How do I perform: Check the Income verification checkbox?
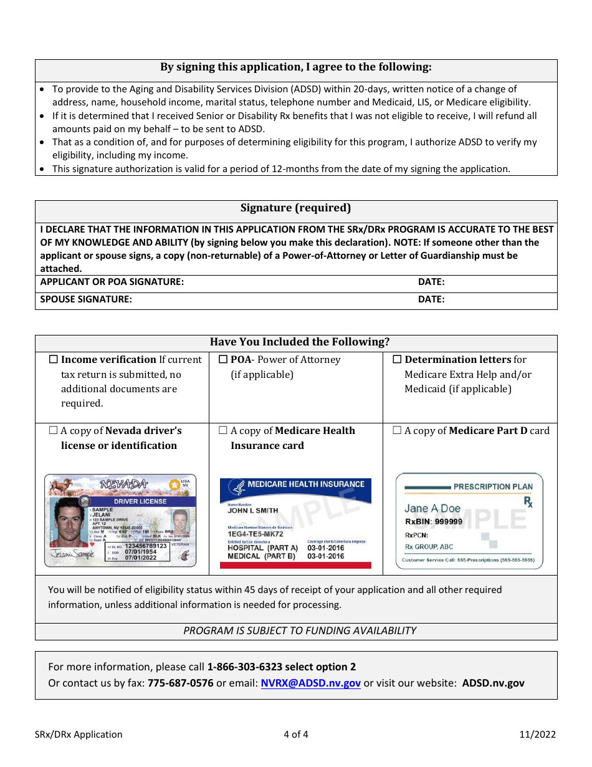pos(53,360)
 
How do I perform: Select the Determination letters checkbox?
pos(397,360)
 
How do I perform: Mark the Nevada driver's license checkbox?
pos(53,431)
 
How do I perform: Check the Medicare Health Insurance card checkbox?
pos(223,431)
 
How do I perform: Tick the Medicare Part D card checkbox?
pos(397,431)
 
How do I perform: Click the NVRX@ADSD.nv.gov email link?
pos(310,683)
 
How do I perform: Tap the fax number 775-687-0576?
pos(180,683)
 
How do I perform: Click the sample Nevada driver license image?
pos(120,521)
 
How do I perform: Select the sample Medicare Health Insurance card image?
pos(295,523)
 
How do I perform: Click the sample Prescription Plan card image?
pos(469,521)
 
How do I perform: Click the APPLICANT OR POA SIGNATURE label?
pos(112,282)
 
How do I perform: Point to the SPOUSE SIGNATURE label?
pos(86,299)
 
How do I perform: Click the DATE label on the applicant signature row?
pos(431,282)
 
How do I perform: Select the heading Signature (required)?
pos(296,208)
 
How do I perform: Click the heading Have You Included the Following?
pos(299,342)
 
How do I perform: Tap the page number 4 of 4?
pos(296,735)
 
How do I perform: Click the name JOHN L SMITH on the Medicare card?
pos(253,511)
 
